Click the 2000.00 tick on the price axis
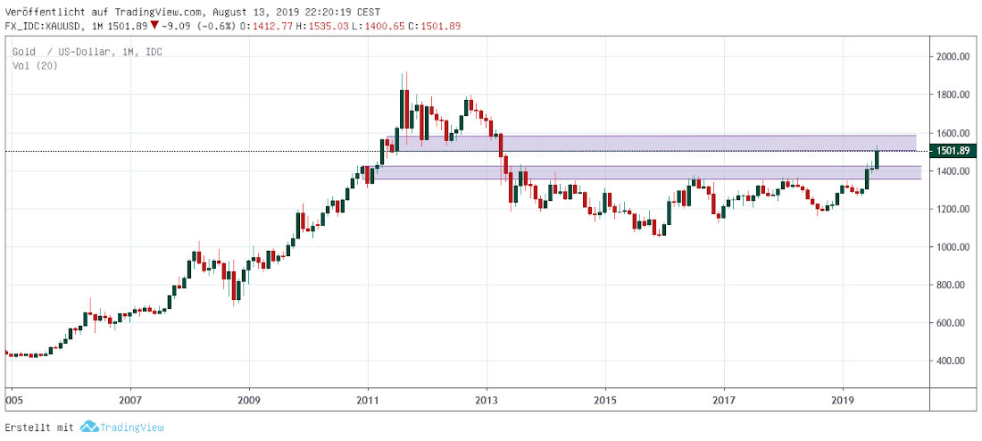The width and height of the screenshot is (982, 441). pos(952,57)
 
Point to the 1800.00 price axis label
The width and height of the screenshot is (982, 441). pos(952,95)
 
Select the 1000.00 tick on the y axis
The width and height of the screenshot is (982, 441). pos(952,247)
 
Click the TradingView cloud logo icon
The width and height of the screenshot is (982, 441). pos(87,428)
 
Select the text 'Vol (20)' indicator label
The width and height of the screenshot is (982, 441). pos(36,65)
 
